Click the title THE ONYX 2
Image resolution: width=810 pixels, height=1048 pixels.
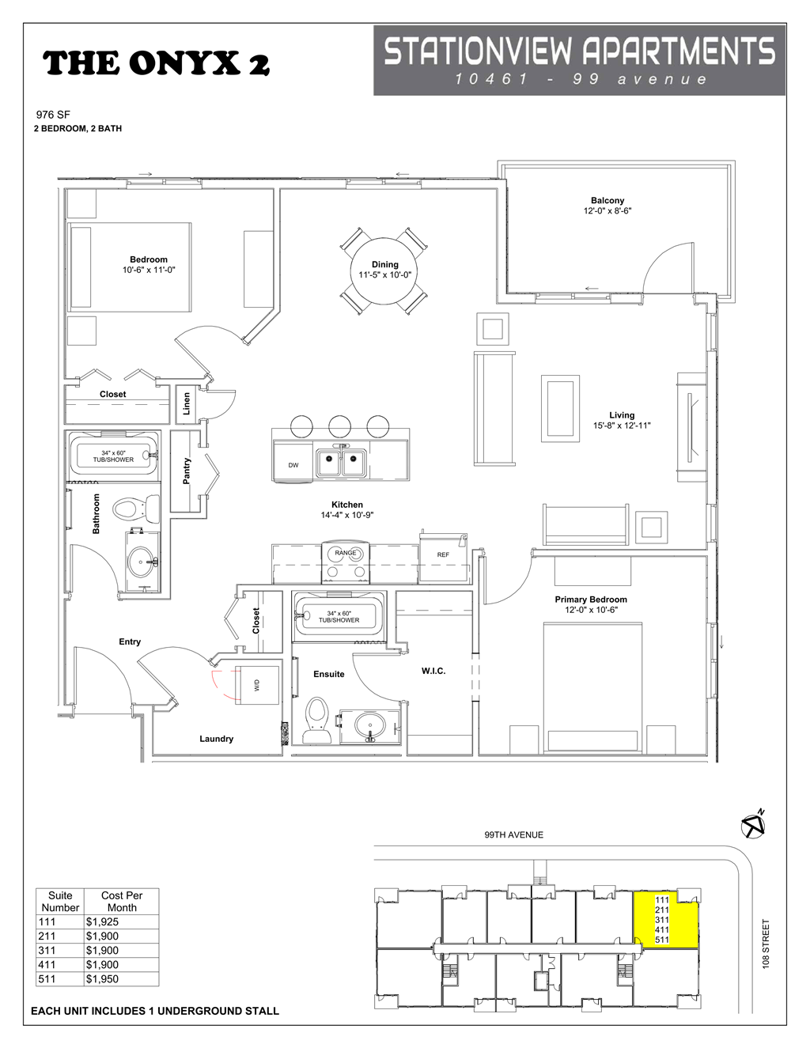click(156, 63)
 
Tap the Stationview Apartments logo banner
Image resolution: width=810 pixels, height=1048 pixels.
click(579, 60)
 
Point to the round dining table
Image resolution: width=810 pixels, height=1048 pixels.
click(384, 271)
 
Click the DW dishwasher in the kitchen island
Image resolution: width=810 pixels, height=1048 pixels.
click(293, 464)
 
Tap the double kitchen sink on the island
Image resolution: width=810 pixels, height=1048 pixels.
click(342, 463)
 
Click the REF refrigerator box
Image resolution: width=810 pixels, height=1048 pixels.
click(443, 554)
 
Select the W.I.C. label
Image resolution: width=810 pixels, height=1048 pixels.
click(433, 671)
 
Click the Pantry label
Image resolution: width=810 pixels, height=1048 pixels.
click(187, 472)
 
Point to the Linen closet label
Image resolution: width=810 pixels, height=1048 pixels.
click(187, 403)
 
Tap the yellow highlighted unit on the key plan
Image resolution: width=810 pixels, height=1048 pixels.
click(665, 919)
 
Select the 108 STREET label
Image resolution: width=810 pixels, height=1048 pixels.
click(766, 944)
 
